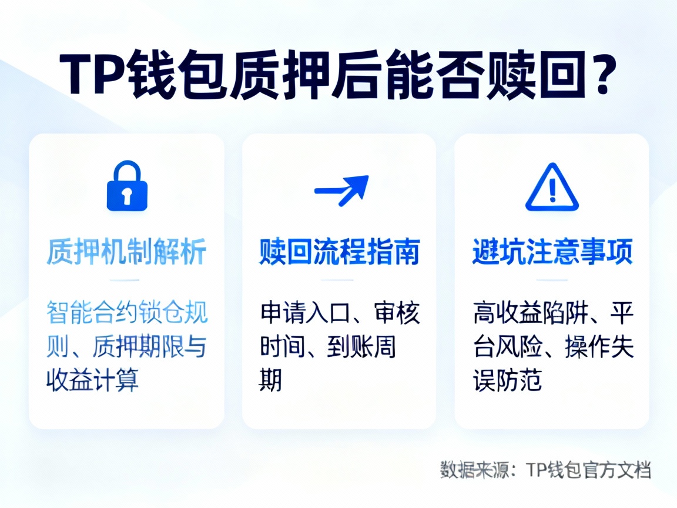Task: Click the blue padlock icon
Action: [x=127, y=186]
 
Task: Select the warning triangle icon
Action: [x=552, y=188]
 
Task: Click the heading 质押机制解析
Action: [x=126, y=253]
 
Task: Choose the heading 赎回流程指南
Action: [x=339, y=253]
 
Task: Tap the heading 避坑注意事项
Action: [x=552, y=253]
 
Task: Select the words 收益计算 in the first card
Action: [x=92, y=380]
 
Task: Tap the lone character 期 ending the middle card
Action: [x=271, y=380]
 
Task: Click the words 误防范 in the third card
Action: [x=507, y=380]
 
